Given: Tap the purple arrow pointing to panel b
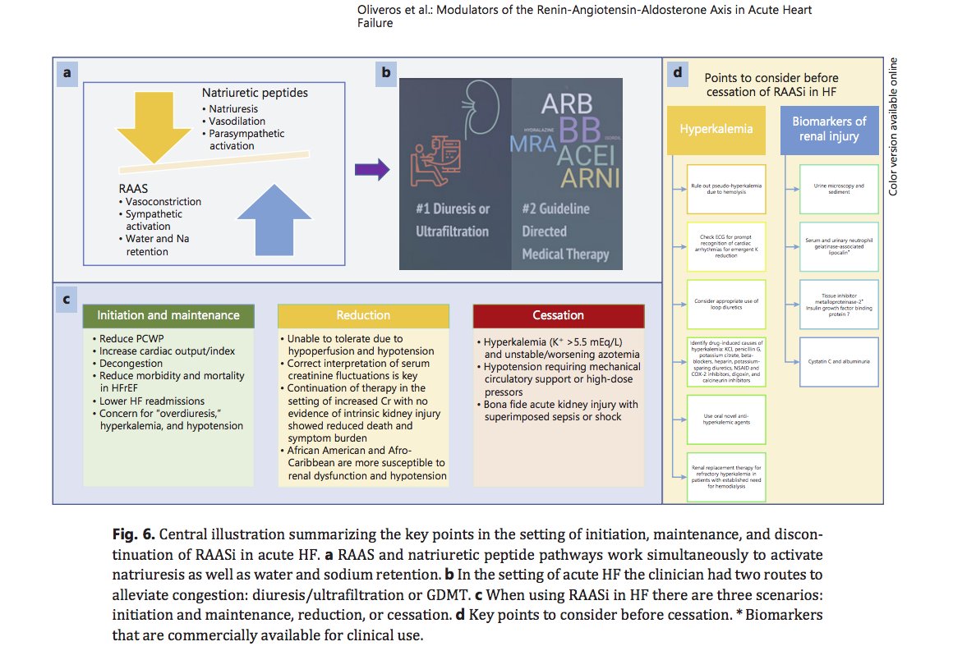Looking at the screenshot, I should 372,170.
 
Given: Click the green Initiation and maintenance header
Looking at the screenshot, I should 168,315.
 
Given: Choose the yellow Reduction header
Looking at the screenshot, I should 363,315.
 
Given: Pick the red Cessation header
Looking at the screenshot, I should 558,315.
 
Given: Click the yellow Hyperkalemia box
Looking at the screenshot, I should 716,130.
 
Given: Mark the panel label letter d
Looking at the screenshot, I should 678,73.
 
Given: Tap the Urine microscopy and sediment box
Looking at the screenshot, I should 839,190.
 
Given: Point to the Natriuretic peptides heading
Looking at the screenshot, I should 255,93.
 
